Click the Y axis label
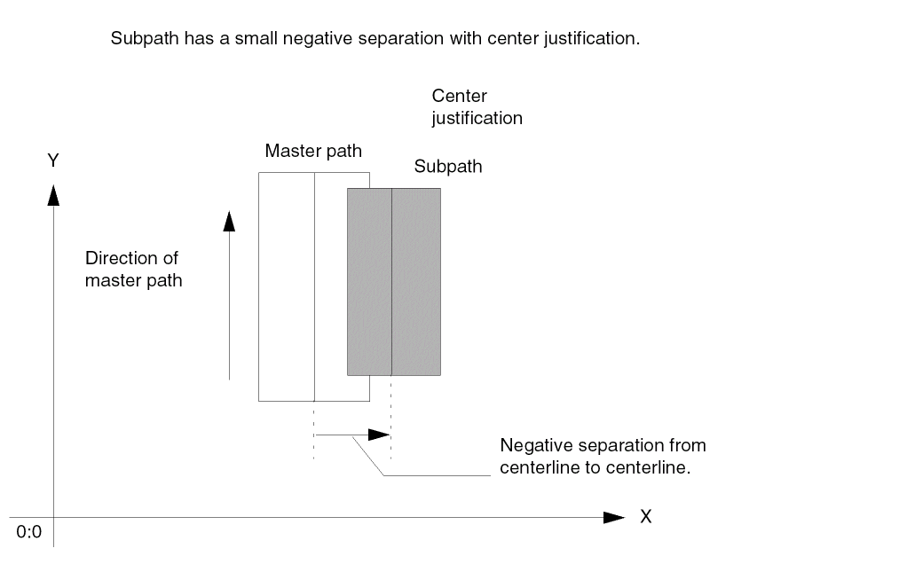[x=53, y=161]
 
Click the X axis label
[x=646, y=517]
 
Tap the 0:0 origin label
[x=29, y=532]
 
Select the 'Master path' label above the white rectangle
[x=313, y=151]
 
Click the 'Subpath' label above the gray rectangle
[x=448, y=167]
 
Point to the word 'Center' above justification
[x=459, y=96]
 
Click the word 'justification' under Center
[x=477, y=118]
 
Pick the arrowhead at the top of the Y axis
[x=53, y=193]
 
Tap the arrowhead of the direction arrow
[x=229, y=220]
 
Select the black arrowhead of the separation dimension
[x=379, y=435]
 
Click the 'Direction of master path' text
[x=133, y=270]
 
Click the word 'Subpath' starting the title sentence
[x=138, y=40]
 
